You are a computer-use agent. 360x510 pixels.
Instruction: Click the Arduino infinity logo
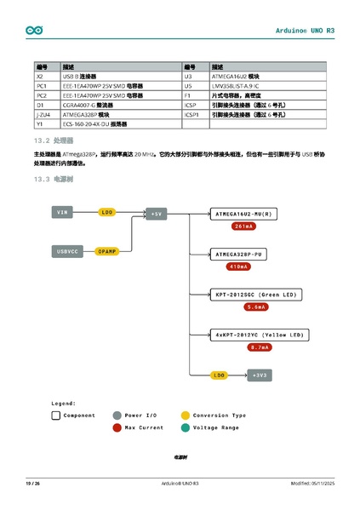pos(33,30)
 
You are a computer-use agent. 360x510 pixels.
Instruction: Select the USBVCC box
pos(67,251)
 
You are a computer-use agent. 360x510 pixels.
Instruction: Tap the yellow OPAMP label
pos(106,251)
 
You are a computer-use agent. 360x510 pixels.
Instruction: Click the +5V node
pos(156,214)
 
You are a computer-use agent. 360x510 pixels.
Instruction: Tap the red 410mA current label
pos(239,266)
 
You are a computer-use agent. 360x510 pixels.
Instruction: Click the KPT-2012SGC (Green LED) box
pos(256,295)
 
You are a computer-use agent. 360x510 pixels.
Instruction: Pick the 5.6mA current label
pos(256,307)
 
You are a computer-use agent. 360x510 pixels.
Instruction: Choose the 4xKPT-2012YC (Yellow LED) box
pos(259,335)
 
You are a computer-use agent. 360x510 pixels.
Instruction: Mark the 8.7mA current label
pos(259,347)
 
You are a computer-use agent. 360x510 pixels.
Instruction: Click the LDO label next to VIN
pos(106,211)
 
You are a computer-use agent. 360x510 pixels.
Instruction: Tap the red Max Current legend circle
pos(117,427)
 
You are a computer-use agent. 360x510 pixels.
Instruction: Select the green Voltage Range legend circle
pos(185,427)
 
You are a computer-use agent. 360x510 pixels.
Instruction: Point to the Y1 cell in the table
pos(40,123)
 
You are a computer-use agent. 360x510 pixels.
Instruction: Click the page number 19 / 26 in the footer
pos(33,484)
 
